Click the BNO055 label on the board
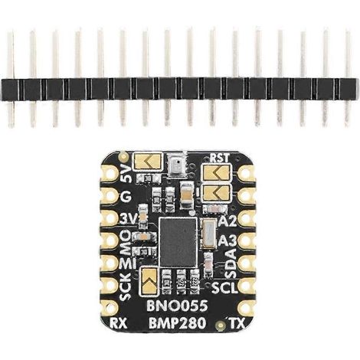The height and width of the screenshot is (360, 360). click(x=177, y=306)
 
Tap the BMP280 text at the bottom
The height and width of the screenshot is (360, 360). click(x=178, y=323)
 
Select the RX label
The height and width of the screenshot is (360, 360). click(x=118, y=324)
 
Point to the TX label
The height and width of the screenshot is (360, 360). click(x=237, y=323)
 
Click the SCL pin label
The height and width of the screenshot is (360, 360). click(x=224, y=288)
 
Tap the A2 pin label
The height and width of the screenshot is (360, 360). click(x=227, y=221)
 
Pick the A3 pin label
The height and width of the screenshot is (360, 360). click(x=227, y=241)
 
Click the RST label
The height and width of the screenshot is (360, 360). click(x=220, y=158)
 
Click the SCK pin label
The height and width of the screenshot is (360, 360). click(x=126, y=286)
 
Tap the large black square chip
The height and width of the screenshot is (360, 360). click(x=178, y=242)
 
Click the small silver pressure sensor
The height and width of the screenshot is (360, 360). click(x=177, y=165)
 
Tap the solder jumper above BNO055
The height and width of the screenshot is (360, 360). click(x=149, y=280)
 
